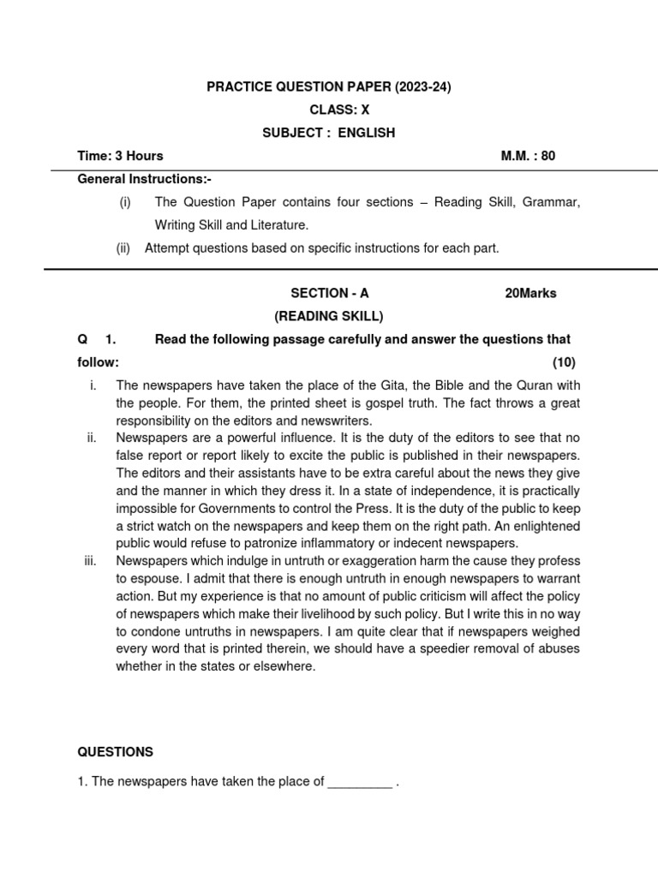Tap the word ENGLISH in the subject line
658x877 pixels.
point(366,133)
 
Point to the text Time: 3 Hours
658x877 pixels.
point(120,156)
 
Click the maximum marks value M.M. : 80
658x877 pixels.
point(528,156)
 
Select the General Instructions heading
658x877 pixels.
point(144,179)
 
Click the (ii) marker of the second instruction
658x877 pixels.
point(124,248)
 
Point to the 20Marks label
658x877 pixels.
point(530,293)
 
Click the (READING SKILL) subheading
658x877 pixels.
point(329,316)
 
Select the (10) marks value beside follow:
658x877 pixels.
point(564,362)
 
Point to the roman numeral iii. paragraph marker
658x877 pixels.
point(90,560)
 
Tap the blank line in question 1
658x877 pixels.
point(360,781)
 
